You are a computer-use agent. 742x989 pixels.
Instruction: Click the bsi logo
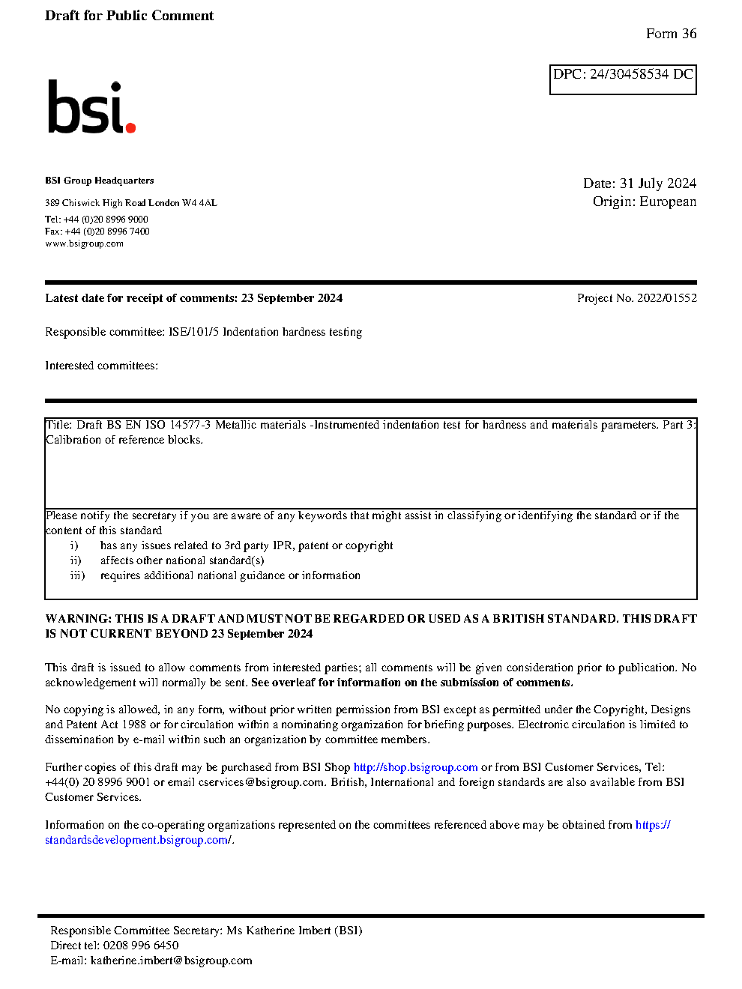(x=91, y=107)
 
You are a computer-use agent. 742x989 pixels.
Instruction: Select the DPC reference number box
(x=623, y=79)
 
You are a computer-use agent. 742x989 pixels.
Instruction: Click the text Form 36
(x=671, y=34)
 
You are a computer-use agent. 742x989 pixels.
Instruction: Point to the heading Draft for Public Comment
(x=129, y=16)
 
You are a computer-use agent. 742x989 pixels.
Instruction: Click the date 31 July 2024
(x=658, y=184)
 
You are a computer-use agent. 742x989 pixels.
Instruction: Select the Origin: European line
(x=644, y=202)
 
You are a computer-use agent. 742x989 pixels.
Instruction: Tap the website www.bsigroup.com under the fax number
(x=84, y=244)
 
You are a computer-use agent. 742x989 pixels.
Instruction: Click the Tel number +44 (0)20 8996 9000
(x=106, y=220)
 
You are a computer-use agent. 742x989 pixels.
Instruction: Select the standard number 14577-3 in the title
(x=190, y=425)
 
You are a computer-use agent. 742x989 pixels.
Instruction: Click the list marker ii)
(x=76, y=560)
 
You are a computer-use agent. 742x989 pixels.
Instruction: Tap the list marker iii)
(x=77, y=575)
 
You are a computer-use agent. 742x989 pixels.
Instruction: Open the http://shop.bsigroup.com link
(x=415, y=767)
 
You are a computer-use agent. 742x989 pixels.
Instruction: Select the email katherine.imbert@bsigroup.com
(x=171, y=961)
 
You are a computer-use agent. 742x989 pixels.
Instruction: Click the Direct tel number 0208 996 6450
(x=141, y=946)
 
